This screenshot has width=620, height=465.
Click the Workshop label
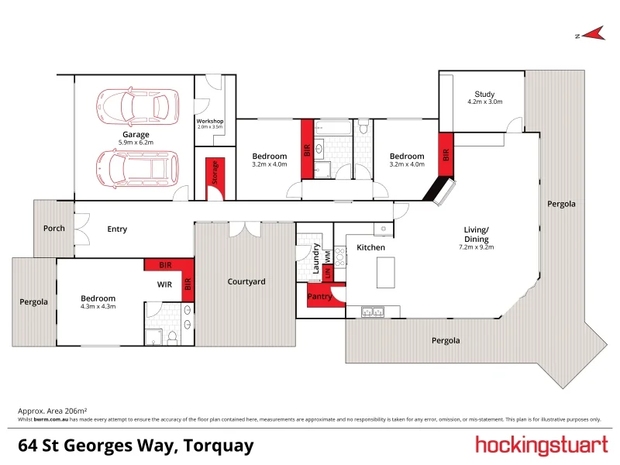pos(209,121)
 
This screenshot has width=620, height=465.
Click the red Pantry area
pos(320,296)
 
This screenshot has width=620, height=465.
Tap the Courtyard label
pos(246,281)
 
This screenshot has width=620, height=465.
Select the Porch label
pos(53,229)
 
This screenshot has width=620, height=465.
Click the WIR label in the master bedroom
pos(164,284)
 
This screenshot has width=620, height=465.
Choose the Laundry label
pos(316,259)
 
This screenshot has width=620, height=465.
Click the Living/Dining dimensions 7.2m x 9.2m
pos(477,247)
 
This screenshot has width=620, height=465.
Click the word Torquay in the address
pos(218,446)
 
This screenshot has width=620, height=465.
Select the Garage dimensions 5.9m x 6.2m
pos(136,143)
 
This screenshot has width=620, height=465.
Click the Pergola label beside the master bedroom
pos(33,301)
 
